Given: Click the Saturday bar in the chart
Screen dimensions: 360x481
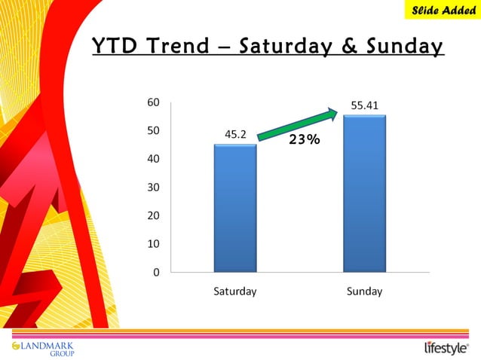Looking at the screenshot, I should pos(235,208).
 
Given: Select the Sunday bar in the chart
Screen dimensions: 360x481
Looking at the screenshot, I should pos(364,194).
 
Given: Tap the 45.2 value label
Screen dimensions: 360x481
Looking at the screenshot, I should pos(236,135).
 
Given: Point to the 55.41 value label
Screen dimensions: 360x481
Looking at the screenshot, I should pos(364,105).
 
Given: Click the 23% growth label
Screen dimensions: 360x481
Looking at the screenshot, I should pos(305,139).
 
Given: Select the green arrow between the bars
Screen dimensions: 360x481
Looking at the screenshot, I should pos(297,124).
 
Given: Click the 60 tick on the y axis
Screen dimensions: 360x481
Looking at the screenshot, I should pos(153,102).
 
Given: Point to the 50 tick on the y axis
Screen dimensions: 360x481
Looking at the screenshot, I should pos(153,130).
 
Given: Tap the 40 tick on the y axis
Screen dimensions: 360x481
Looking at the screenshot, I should pos(153,159).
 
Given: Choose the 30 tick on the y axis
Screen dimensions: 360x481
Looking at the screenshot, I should pos(153,187).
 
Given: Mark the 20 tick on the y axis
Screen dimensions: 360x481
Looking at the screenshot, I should pos(153,215).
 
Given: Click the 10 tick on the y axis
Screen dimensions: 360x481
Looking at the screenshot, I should pos(153,244).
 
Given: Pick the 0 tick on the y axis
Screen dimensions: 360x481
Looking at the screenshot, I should pos(156,272).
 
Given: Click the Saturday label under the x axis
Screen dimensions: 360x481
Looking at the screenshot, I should pos(235,291).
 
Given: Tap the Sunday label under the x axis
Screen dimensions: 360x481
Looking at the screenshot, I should pos(364,291).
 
